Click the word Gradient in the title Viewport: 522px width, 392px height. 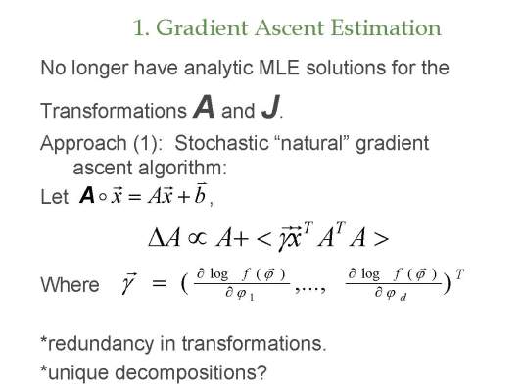pos(202,28)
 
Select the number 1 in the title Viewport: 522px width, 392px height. pos(139,27)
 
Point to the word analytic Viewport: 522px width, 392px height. pos(218,69)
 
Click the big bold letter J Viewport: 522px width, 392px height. pos(270,107)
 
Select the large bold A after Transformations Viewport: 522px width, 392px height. pos(204,107)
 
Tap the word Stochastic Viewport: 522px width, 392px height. pos(221,143)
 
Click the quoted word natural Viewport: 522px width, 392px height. pos(314,143)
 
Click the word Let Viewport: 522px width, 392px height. pos(54,196)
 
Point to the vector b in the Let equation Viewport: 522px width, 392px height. pos(200,193)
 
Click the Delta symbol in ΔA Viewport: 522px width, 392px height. pos(157,238)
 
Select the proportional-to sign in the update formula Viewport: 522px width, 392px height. pos(198,237)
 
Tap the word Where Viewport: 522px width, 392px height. pos(70,285)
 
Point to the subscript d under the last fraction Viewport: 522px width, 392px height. pos(403,297)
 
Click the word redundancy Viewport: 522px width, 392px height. pos(101,344)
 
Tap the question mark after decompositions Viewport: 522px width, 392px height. pos(262,372)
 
